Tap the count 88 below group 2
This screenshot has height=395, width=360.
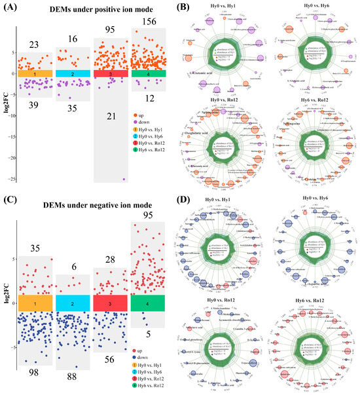73,375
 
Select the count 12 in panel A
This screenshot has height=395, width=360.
148,99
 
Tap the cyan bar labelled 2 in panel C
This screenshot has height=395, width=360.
73,304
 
